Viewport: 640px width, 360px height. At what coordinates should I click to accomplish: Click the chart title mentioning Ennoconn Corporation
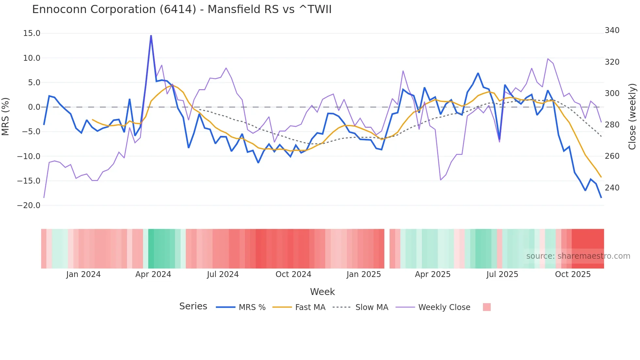tap(182, 9)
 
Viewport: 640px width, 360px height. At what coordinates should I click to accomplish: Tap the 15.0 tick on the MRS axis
tap(32, 33)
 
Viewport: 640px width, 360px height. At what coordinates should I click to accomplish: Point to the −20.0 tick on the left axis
tap(29, 205)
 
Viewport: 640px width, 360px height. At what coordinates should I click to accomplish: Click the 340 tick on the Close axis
tap(612, 30)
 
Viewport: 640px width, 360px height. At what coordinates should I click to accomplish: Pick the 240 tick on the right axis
tap(612, 188)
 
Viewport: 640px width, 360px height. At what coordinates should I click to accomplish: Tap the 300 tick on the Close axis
tap(612, 93)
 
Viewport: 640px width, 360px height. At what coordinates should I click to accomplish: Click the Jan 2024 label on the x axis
tap(83, 274)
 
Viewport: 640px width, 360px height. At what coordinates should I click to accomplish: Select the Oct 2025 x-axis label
tap(573, 274)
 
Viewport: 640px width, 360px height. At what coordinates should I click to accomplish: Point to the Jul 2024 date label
tap(223, 274)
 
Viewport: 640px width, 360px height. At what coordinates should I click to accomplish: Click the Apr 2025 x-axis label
tap(433, 274)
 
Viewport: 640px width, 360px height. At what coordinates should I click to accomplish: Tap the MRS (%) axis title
tap(6, 117)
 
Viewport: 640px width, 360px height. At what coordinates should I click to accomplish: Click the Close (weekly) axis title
tap(632, 117)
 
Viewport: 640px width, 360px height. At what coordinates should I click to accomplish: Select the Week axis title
tap(322, 292)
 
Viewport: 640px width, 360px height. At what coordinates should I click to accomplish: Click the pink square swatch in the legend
tap(487, 307)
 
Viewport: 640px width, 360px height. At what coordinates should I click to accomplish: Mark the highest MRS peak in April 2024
tap(151, 36)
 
